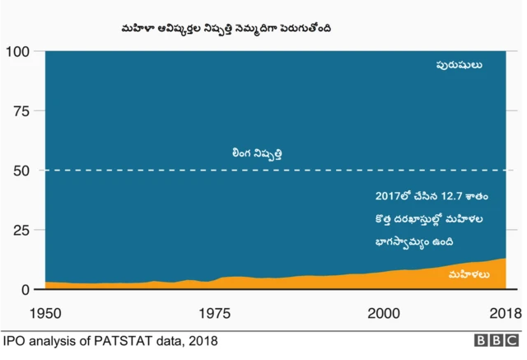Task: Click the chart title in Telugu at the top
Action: coord(226,29)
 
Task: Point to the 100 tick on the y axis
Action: coord(18,52)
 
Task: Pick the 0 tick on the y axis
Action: coord(26,290)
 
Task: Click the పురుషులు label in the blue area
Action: coord(459,64)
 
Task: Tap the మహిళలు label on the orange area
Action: coord(469,274)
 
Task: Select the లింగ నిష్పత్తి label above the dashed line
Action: coord(262,153)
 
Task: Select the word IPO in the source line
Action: coord(14,340)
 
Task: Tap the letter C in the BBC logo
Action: coord(511,340)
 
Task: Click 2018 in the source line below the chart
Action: coord(203,340)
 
